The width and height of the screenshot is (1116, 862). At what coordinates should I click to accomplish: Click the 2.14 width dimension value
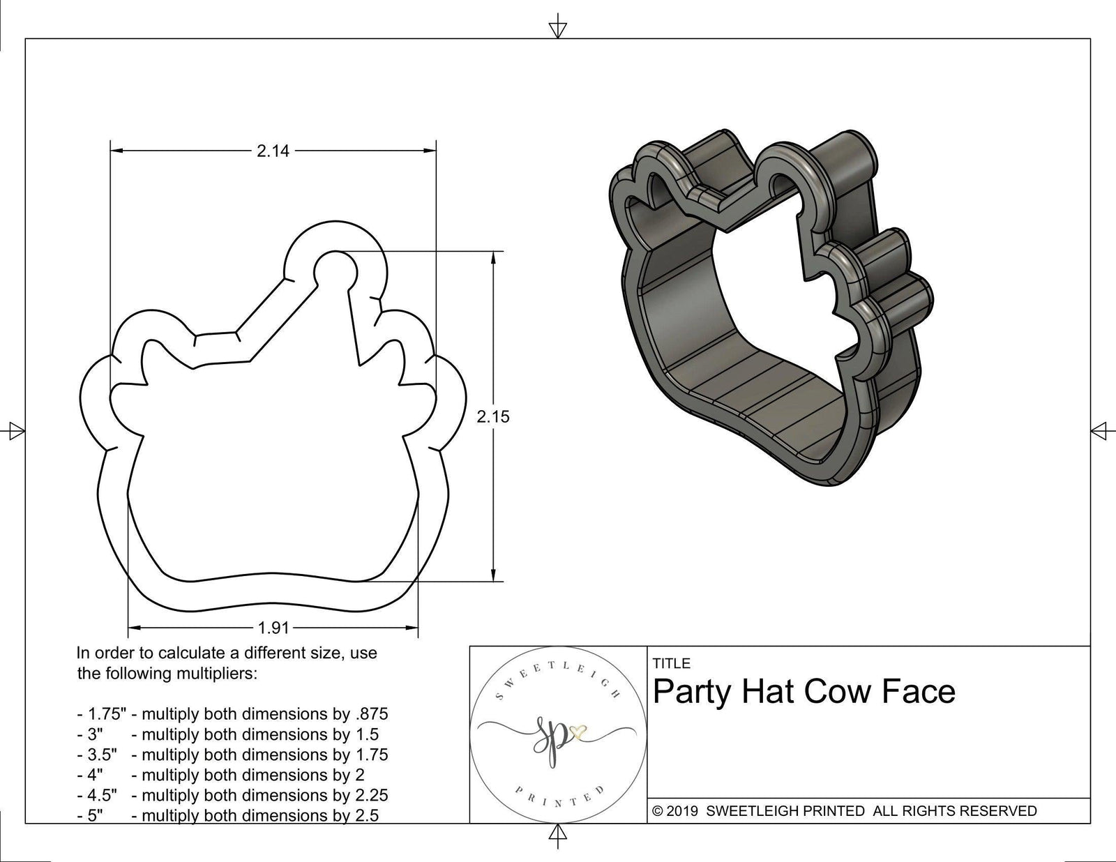click(x=273, y=151)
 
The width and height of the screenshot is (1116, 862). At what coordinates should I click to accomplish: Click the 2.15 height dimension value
click(x=493, y=416)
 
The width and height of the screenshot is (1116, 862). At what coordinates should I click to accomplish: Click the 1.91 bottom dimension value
click(x=273, y=628)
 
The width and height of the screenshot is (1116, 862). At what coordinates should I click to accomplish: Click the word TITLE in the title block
click(x=671, y=663)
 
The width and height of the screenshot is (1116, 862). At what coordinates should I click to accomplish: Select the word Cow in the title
click(x=837, y=692)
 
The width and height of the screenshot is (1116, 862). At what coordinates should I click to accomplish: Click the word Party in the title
click(x=691, y=692)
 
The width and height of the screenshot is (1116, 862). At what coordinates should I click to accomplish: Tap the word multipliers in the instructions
click(x=217, y=674)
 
